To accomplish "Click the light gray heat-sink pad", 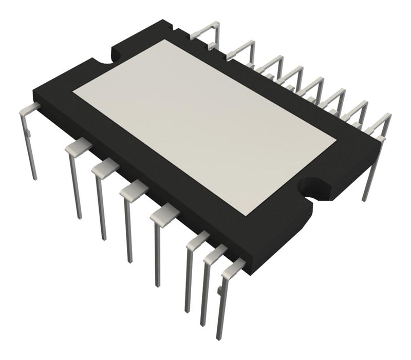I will point(206,128).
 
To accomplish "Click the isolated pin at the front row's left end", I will point(29,139).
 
